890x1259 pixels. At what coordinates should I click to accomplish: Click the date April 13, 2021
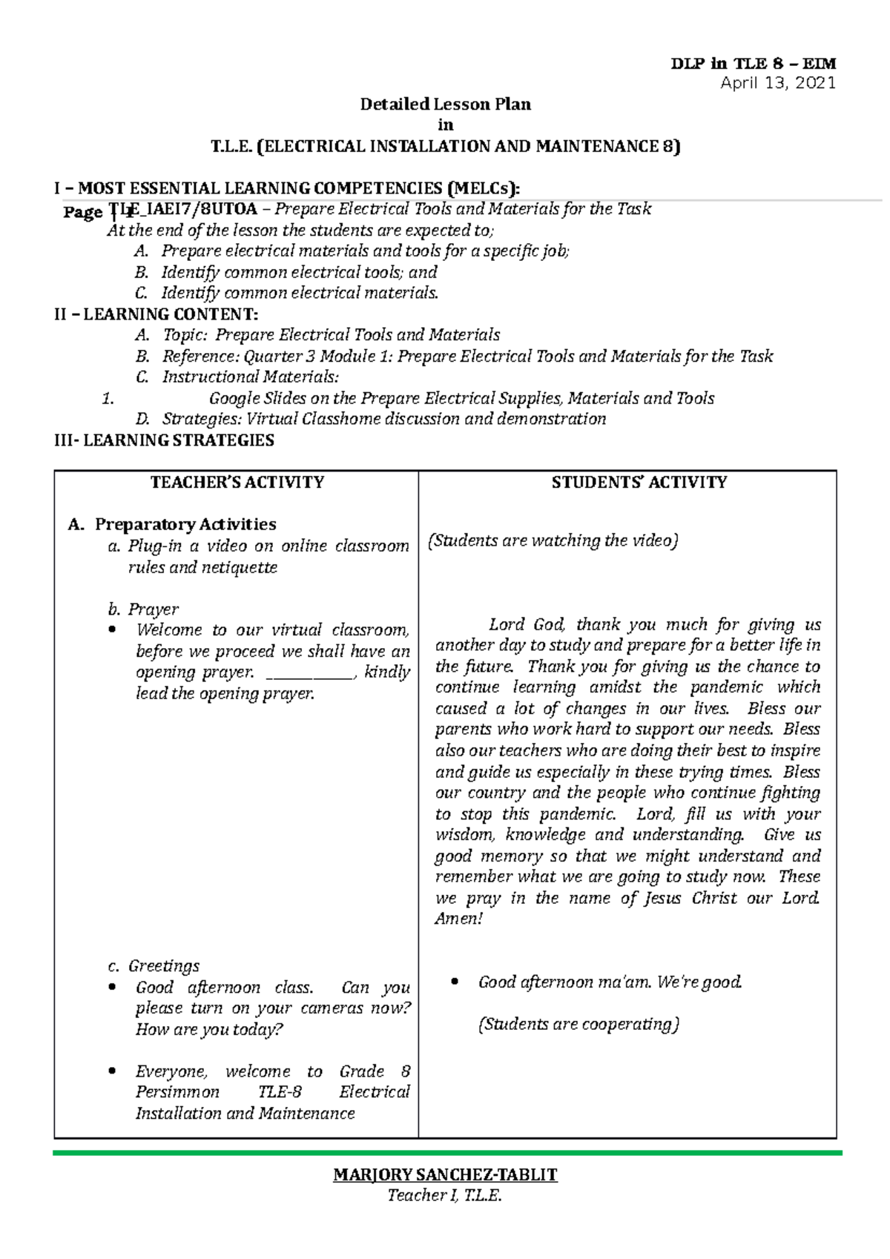777,83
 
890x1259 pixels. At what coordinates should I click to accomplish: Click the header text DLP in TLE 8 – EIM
753,64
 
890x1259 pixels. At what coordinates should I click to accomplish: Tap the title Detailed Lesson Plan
445,105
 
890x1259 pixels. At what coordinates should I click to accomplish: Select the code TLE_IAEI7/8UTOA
184,210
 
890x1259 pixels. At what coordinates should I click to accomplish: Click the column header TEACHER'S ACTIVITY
237,483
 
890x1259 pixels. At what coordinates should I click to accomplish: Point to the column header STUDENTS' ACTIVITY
639,483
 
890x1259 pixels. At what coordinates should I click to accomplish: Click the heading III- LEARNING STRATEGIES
164,440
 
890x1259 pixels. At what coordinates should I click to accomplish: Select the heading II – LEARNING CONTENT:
156,314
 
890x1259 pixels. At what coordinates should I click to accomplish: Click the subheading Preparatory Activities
185,525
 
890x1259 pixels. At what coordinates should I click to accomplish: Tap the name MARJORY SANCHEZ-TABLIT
445,1174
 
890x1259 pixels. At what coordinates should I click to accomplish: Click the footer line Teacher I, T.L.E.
445,1194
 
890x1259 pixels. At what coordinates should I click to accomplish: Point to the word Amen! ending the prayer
458,919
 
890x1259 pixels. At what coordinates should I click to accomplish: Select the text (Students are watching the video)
553,541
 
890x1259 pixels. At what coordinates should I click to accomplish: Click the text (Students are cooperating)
578,1025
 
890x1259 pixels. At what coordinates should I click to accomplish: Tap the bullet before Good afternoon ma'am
455,982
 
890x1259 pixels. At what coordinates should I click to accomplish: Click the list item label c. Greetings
154,966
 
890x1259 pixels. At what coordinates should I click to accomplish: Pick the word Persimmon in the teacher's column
177,1092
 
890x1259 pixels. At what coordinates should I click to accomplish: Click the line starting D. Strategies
371,420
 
